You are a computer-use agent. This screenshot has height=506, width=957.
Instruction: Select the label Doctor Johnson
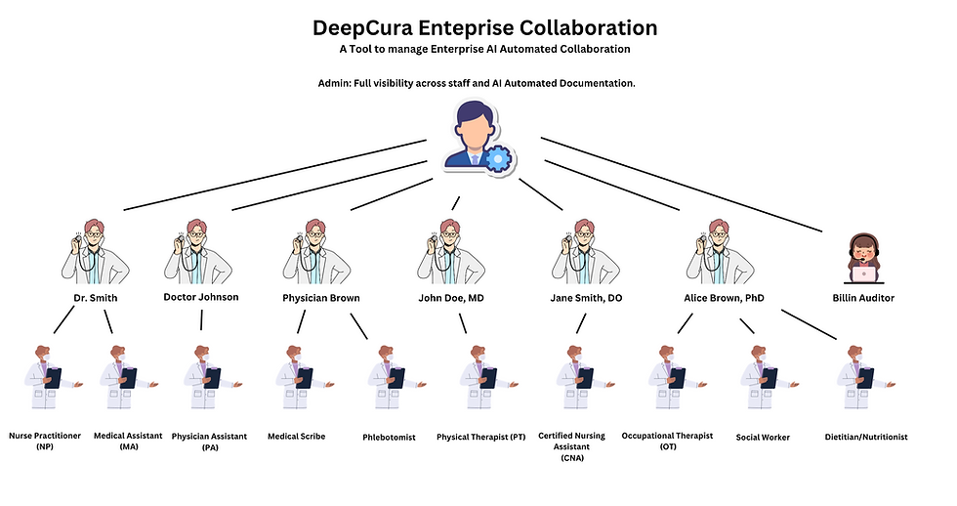(x=200, y=297)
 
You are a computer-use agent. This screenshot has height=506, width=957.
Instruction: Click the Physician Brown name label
(x=321, y=298)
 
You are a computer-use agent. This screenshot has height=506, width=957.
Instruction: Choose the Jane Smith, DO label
(x=586, y=298)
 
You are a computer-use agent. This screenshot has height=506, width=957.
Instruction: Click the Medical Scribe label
(x=296, y=436)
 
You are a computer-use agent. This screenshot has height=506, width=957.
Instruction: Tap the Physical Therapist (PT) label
(x=481, y=437)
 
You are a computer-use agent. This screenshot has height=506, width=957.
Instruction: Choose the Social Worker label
(x=763, y=437)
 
